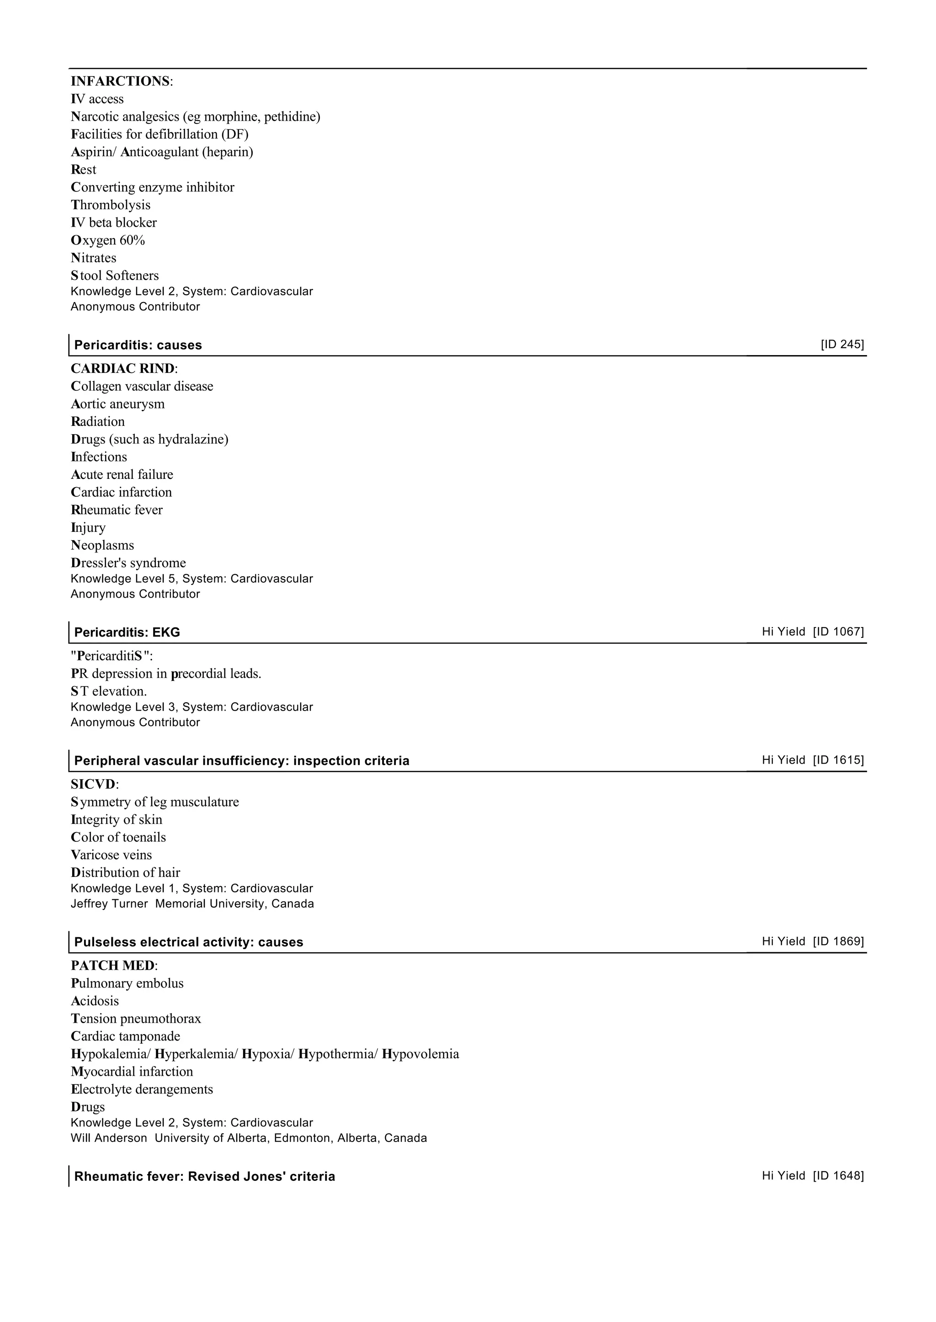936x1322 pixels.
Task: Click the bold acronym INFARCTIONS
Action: point(120,81)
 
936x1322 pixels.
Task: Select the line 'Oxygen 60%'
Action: point(108,240)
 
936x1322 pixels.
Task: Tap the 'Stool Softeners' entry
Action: point(115,276)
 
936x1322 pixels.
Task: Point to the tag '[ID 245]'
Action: point(842,345)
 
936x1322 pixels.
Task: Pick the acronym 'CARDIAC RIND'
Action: point(122,369)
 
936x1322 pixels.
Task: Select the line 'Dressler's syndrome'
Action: point(128,563)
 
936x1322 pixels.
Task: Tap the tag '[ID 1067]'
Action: point(838,632)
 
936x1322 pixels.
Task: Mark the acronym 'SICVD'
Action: point(93,784)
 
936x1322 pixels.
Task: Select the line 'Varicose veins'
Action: point(111,855)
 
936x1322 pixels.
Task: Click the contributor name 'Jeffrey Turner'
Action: point(109,903)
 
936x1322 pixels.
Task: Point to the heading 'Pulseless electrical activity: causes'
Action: point(188,942)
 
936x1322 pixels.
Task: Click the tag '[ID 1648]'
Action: point(838,1176)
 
